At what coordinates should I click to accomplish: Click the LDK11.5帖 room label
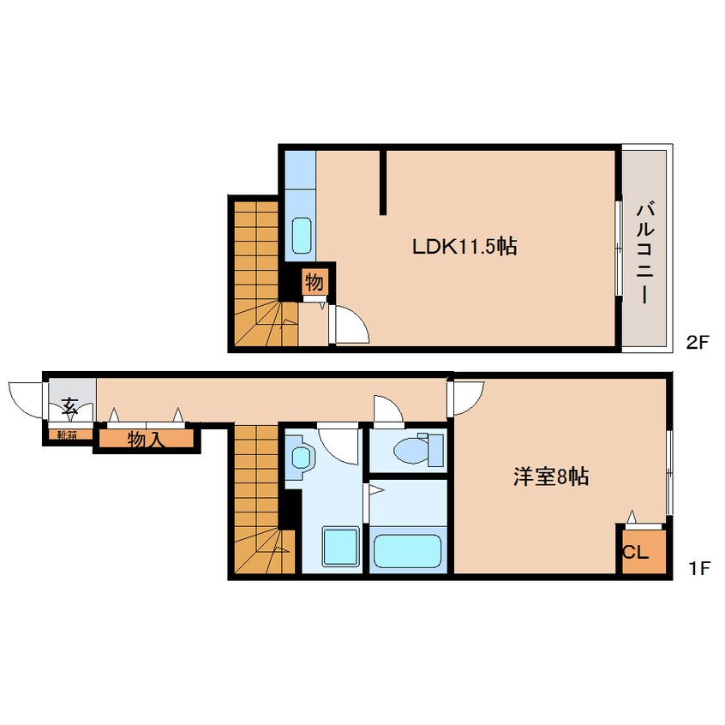click(464, 247)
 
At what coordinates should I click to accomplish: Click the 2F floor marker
click(698, 344)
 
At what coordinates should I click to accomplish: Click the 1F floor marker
click(698, 567)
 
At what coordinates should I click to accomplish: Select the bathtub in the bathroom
click(407, 549)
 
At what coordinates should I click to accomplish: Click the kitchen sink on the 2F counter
click(301, 234)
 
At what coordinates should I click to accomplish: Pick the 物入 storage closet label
click(147, 440)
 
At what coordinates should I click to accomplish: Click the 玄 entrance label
click(69, 407)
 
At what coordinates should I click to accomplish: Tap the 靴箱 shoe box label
click(68, 434)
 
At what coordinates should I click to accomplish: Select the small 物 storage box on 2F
click(314, 281)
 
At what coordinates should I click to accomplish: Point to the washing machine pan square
click(340, 547)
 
